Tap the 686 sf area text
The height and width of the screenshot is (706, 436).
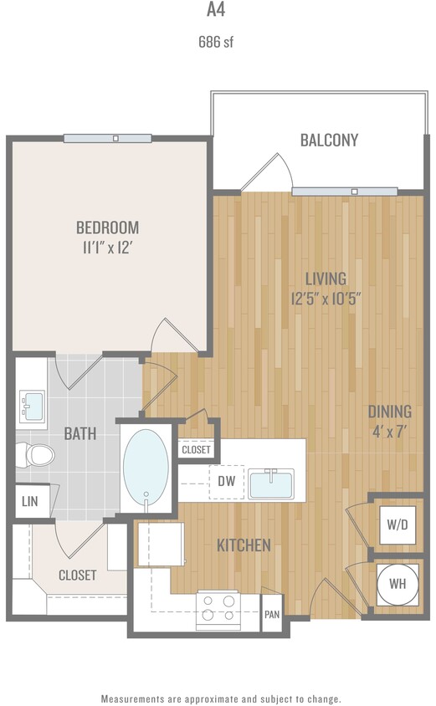(x=216, y=43)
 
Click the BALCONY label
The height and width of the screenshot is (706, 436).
(x=329, y=140)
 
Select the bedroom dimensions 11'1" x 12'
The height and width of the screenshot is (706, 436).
(x=107, y=248)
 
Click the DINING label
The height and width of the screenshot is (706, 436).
(x=390, y=412)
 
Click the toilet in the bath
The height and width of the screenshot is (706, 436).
(x=36, y=455)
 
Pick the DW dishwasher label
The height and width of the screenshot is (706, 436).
(x=226, y=481)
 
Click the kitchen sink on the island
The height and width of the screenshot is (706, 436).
(x=270, y=483)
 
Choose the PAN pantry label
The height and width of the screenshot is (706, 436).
(x=272, y=613)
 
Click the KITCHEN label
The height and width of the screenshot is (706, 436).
(x=244, y=545)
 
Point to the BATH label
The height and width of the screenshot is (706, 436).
(x=80, y=434)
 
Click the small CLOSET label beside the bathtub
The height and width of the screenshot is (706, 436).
(x=196, y=449)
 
